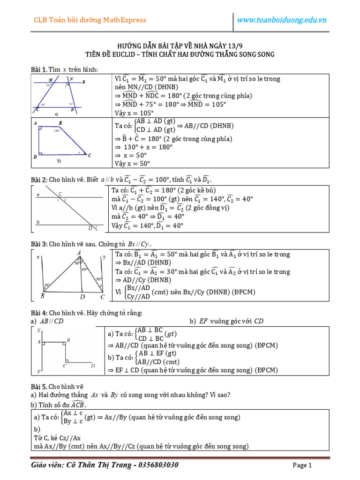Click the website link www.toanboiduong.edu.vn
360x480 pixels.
(282, 20)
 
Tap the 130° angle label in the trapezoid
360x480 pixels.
(57, 131)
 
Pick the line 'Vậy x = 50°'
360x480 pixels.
(133, 164)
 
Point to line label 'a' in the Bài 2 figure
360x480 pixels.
(37, 193)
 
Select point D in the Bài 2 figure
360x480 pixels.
(90, 228)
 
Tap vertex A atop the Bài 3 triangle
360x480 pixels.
(79, 253)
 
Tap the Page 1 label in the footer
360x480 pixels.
(302, 465)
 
